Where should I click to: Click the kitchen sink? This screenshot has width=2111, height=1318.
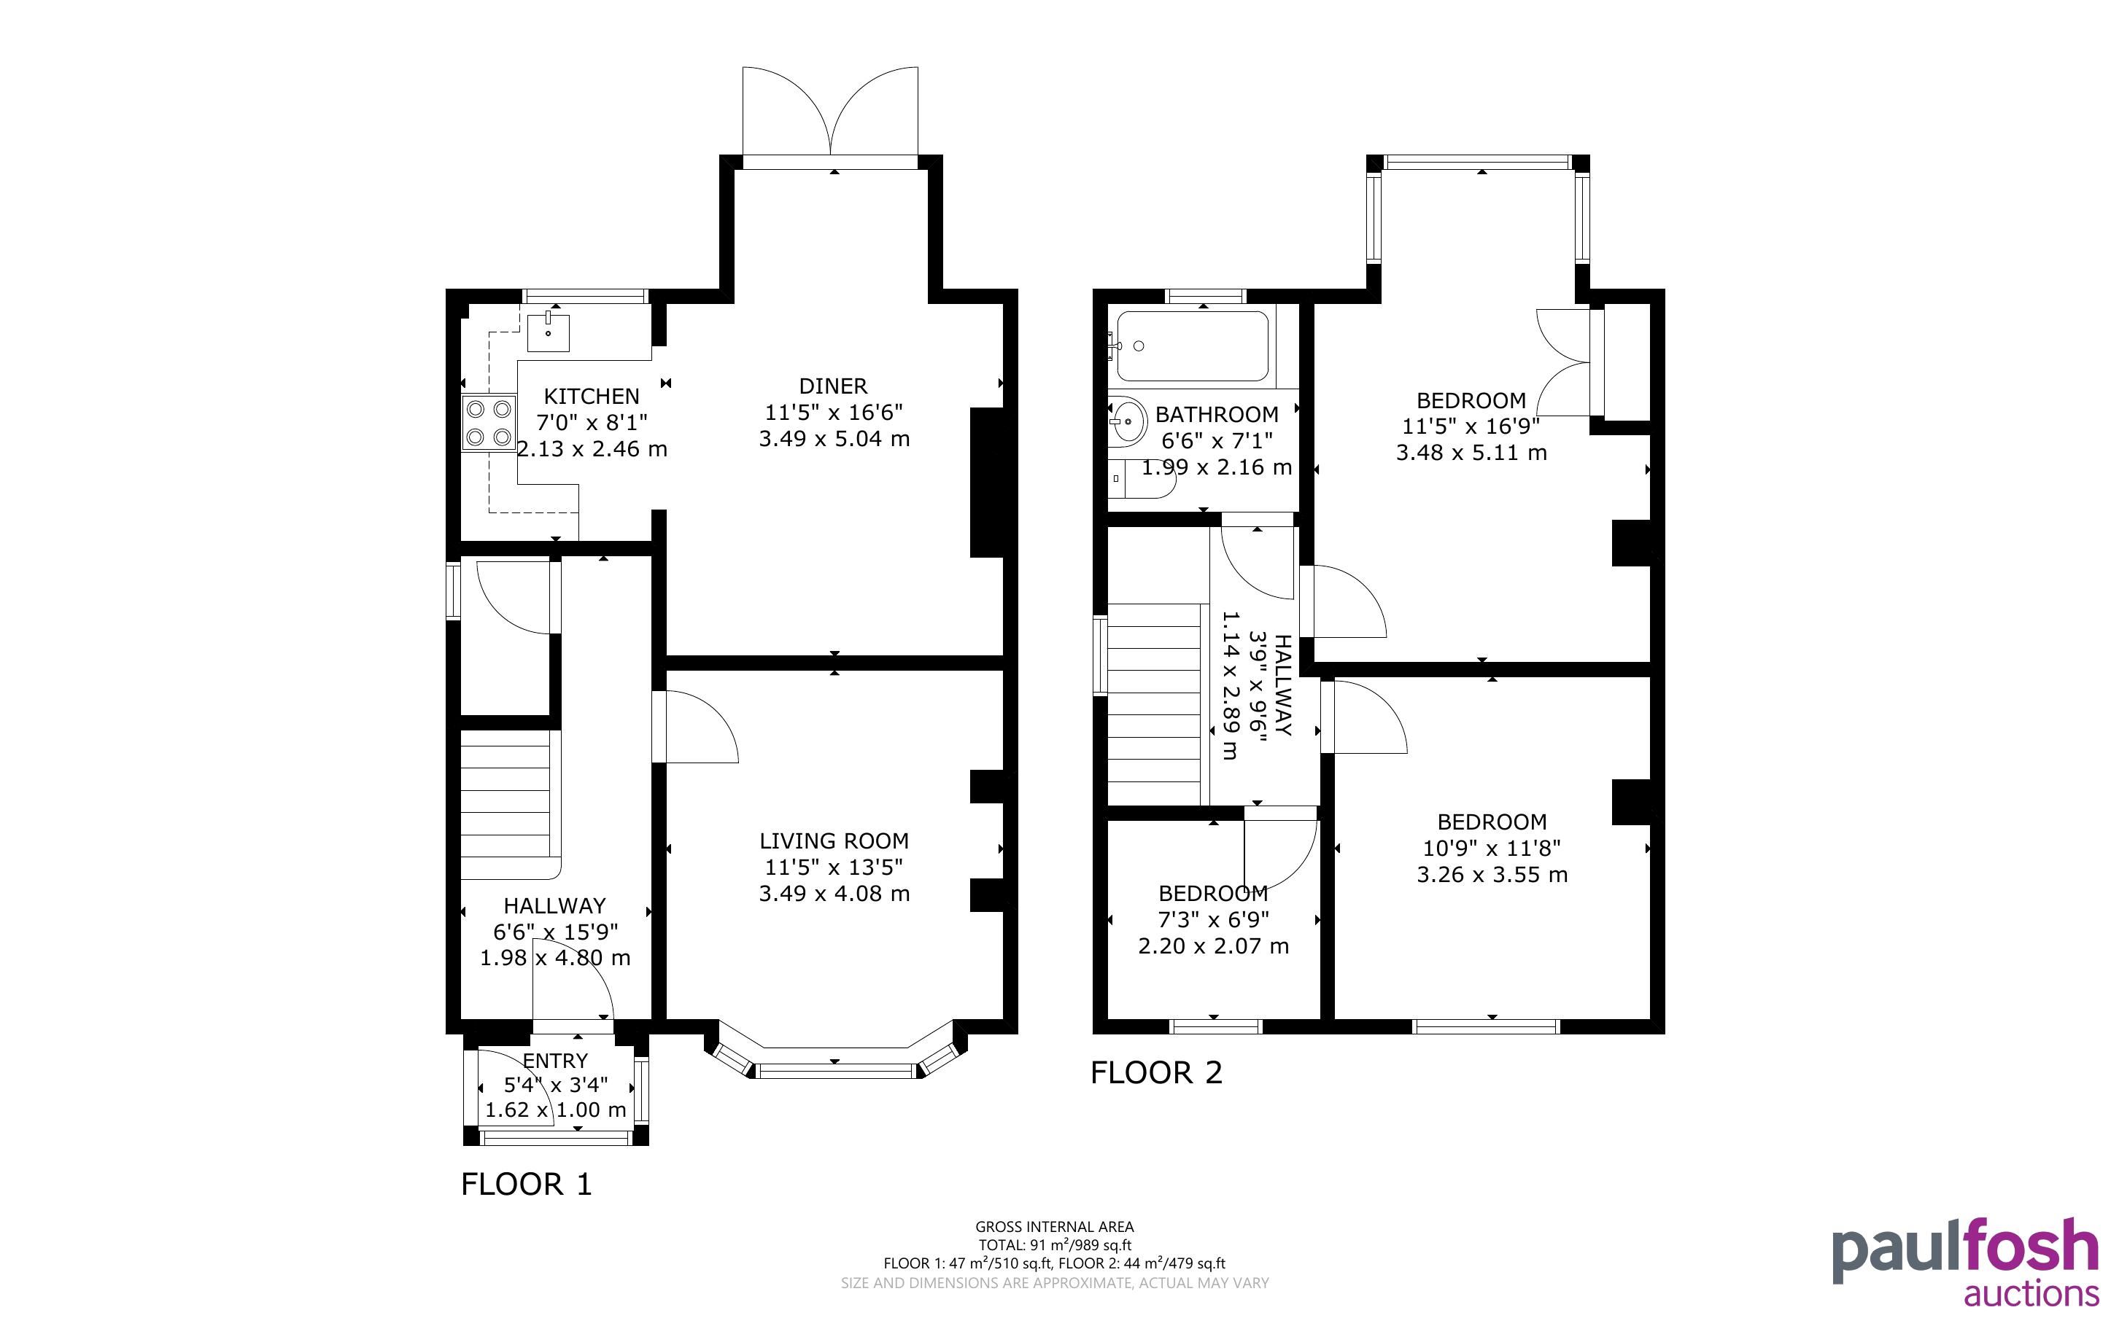pos(548,331)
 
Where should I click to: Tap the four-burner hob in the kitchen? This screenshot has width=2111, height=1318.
pos(488,423)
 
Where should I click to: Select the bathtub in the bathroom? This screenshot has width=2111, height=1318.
pos(1193,346)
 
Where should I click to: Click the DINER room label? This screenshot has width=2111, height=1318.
pos(834,386)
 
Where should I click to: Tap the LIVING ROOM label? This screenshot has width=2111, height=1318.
pos(834,841)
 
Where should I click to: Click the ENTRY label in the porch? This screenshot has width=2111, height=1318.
pos(555,1061)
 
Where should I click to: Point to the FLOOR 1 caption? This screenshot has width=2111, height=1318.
pos(527,1184)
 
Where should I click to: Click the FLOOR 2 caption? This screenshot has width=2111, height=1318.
pos(1157,1072)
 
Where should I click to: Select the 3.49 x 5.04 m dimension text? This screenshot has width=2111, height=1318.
pos(834,438)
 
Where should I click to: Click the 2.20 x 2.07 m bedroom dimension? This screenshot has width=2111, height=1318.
pos(1214,945)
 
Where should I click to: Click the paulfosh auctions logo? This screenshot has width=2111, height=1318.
pos(1965,1262)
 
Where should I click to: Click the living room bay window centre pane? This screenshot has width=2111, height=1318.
pos(834,1069)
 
